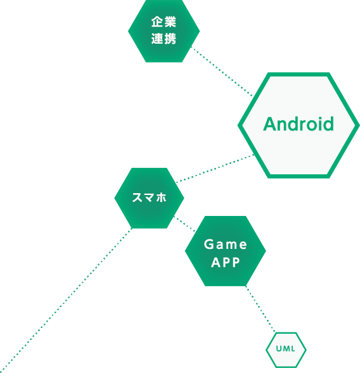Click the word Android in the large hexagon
tap(299, 124)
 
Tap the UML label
tap(285, 349)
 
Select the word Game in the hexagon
tap(226, 244)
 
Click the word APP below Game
tap(226, 262)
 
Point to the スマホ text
tap(150, 198)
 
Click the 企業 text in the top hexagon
tap(164, 22)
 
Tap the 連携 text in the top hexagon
tap(164, 39)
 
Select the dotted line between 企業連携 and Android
tap(221, 70)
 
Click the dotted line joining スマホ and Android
tap(215, 168)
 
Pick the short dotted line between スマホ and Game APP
tap(184, 224)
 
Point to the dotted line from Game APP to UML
tap(260, 309)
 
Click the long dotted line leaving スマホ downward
tap(66, 300)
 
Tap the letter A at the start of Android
tap(270, 124)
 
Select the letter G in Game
tap(209, 244)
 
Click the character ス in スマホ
tap(137, 198)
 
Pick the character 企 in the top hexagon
tap(157, 22)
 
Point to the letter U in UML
tap(279, 349)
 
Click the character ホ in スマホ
tap(161, 198)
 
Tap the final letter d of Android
tap(329, 124)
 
